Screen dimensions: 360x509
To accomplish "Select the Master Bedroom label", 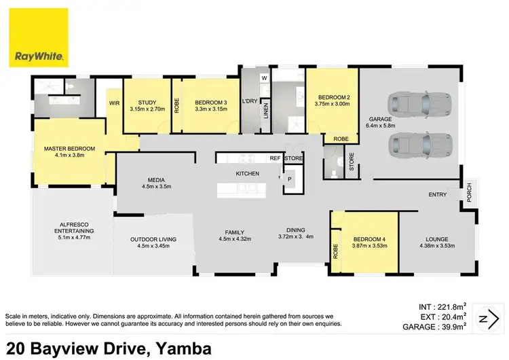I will (x=69, y=149).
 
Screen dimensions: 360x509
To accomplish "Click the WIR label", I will (x=115, y=103).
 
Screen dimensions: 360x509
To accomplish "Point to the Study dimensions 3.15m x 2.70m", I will (x=147, y=108).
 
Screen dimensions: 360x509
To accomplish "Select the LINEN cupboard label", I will (x=265, y=109).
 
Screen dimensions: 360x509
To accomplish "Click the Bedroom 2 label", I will (x=332, y=96).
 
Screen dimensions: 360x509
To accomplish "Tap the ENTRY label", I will (x=438, y=195).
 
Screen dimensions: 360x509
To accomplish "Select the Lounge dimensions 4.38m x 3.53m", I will (x=432, y=247).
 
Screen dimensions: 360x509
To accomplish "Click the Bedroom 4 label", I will (x=369, y=239).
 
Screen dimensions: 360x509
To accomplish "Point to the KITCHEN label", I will (x=248, y=175).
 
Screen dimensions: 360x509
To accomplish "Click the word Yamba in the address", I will (x=181, y=348).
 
